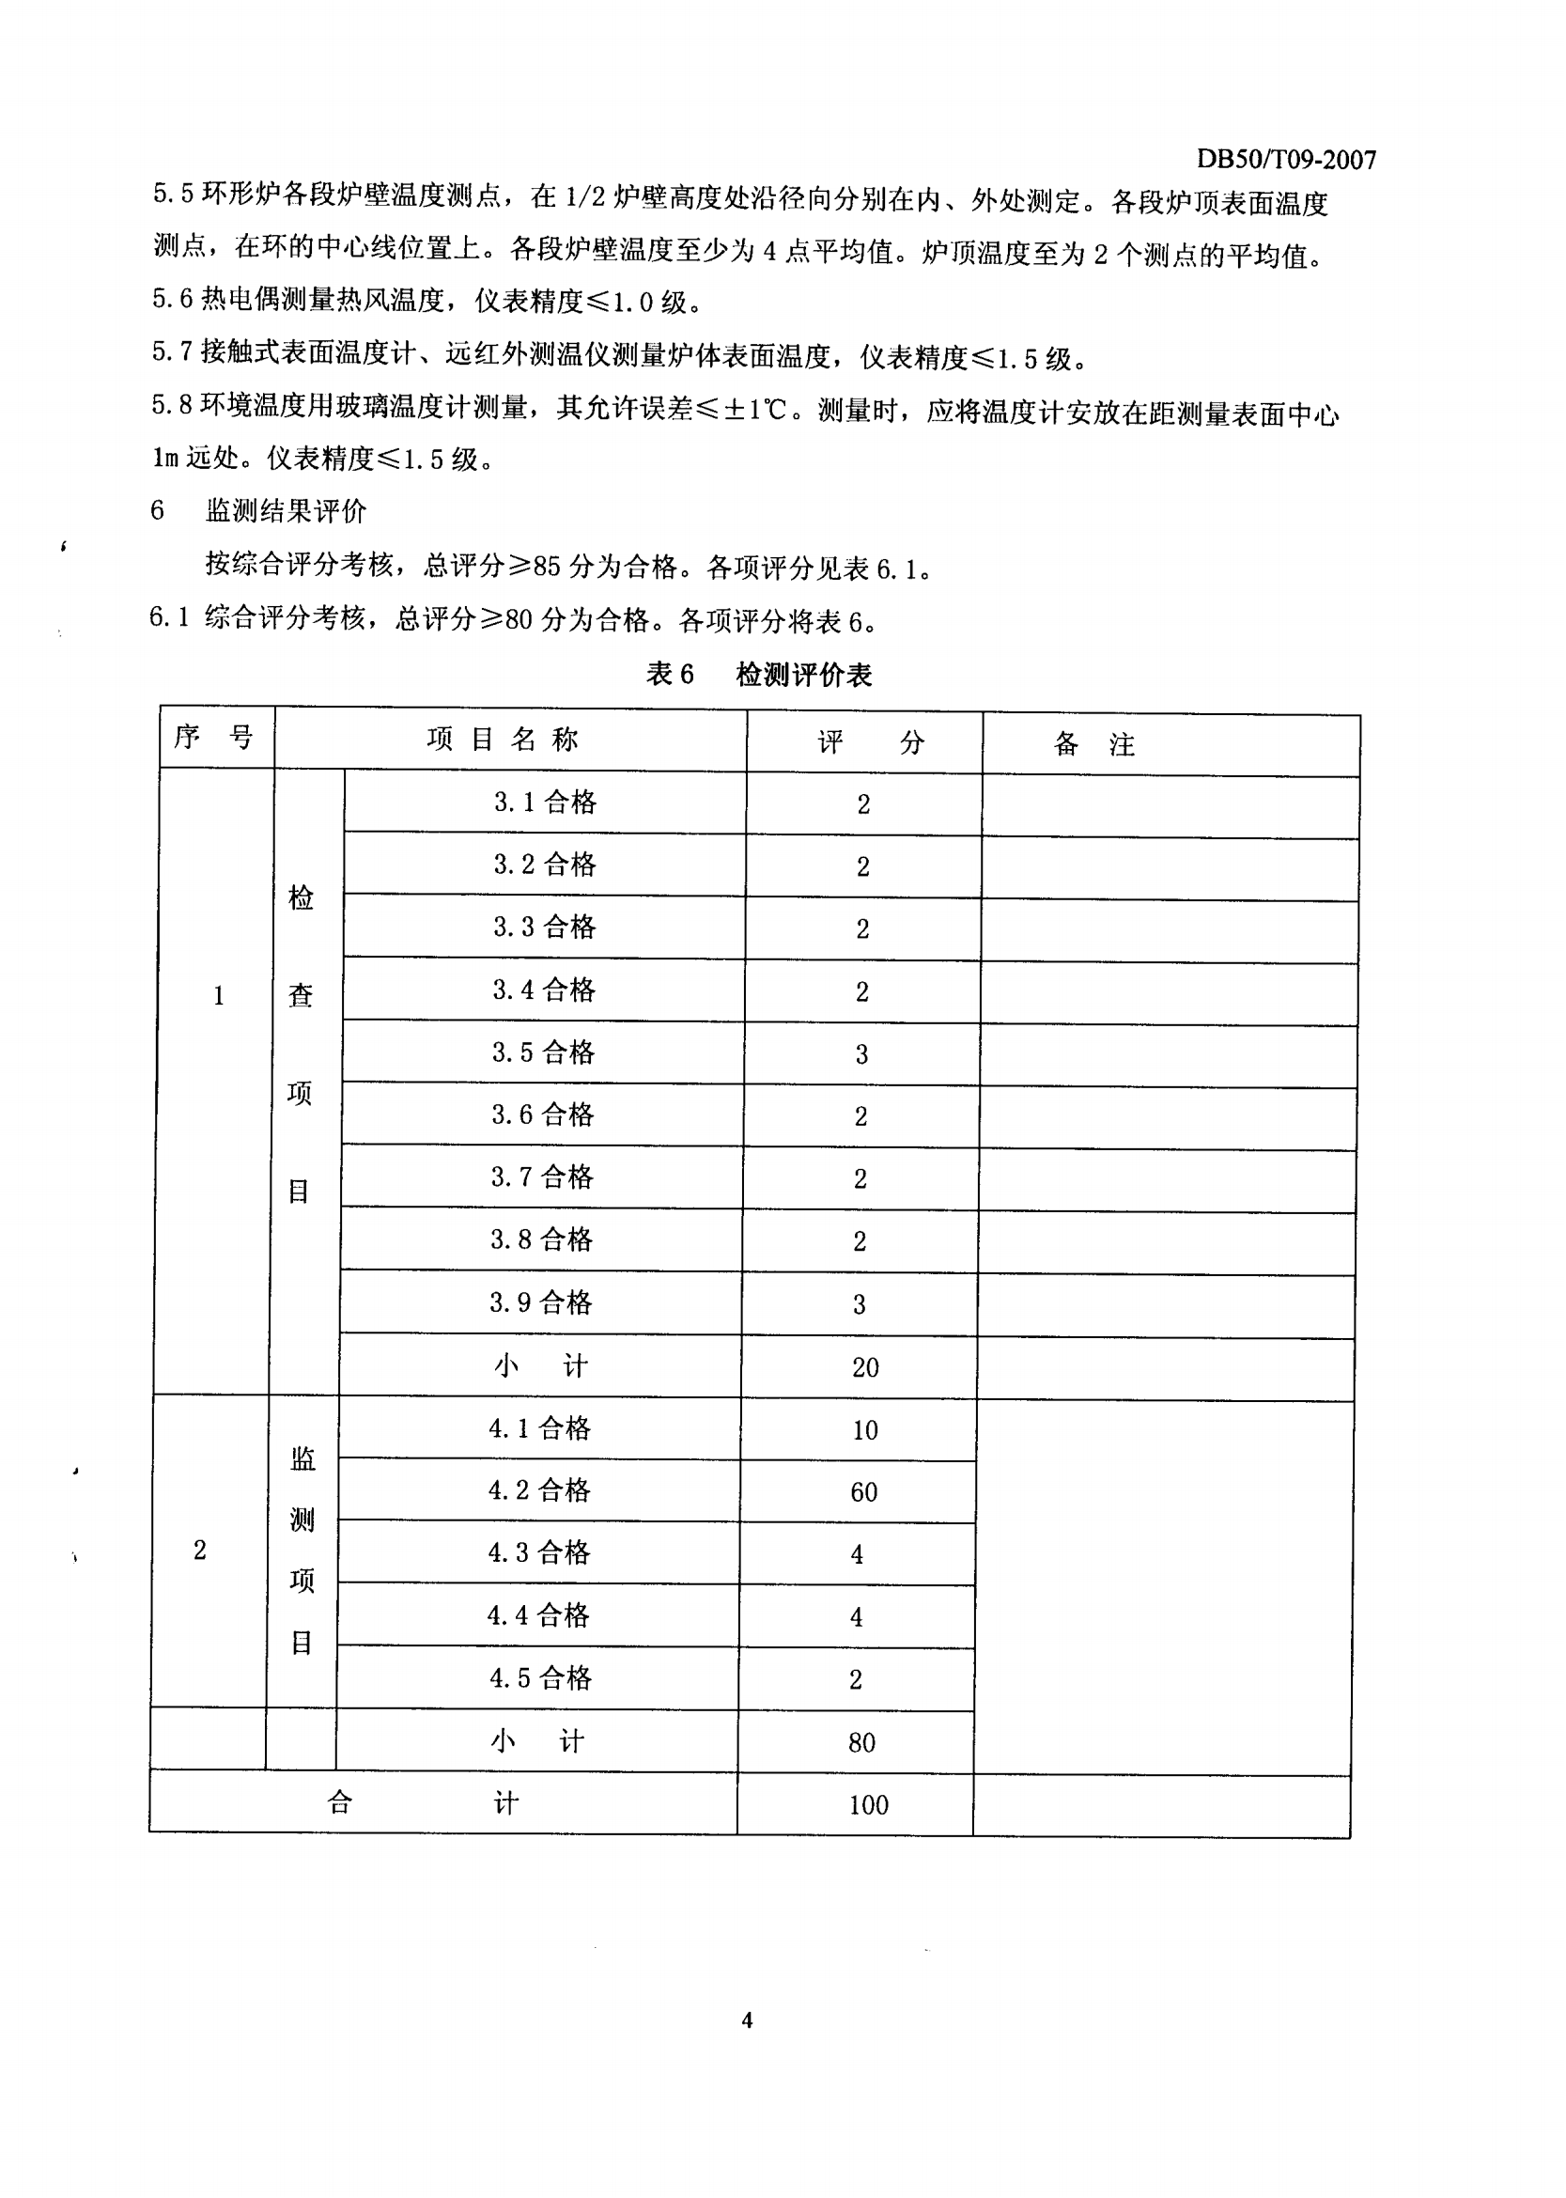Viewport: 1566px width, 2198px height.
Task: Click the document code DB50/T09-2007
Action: click(x=1285, y=159)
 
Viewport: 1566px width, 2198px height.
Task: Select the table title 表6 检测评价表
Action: click(x=758, y=674)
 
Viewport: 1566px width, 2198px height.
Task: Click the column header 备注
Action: click(x=1093, y=743)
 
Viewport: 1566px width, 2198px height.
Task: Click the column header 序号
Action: click(x=214, y=738)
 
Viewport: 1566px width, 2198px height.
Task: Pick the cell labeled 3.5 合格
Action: click(x=543, y=1052)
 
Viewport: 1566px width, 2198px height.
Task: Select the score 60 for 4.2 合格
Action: click(x=863, y=1492)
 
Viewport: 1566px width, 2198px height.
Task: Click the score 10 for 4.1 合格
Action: click(x=864, y=1430)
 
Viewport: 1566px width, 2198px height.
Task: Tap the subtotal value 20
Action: click(x=864, y=1366)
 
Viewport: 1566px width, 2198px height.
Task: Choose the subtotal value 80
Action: click(x=861, y=1743)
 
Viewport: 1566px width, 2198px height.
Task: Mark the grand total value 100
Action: click(x=868, y=1805)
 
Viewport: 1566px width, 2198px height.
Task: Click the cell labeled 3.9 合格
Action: click(x=540, y=1303)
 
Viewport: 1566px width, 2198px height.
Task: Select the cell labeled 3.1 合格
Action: click(x=545, y=803)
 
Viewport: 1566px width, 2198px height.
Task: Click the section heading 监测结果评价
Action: click(x=286, y=511)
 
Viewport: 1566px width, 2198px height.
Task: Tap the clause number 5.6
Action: click(x=173, y=299)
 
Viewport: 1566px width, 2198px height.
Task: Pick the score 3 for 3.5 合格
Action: click(x=861, y=1054)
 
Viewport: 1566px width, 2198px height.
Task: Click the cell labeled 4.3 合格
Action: click(x=538, y=1552)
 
